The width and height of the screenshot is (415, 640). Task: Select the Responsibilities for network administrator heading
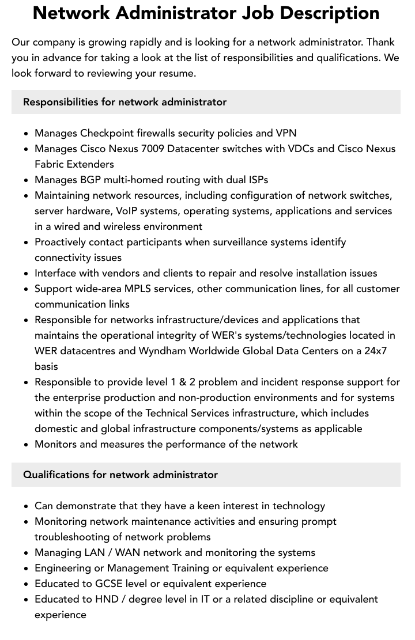(124, 102)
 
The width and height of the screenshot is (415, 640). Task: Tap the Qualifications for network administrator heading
(120, 475)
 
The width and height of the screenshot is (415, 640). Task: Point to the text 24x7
(376, 351)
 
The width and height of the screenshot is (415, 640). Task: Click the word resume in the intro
(180, 73)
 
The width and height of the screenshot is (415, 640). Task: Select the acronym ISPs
(256, 180)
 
